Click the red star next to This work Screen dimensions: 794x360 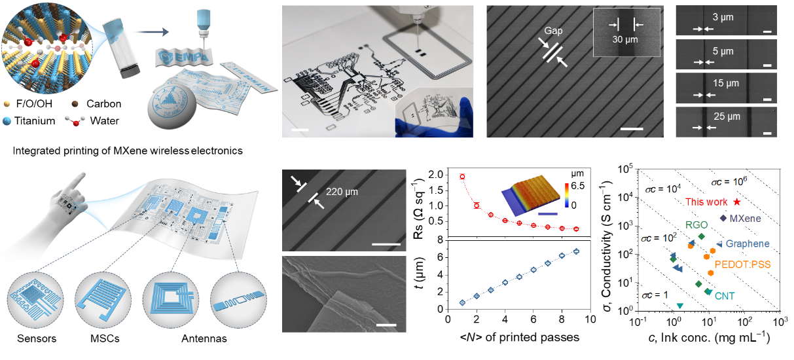(x=737, y=202)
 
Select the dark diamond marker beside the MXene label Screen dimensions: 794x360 (x=723, y=218)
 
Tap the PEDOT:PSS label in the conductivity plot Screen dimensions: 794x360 (x=742, y=264)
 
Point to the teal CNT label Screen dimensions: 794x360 (x=724, y=296)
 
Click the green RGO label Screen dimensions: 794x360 (x=696, y=225)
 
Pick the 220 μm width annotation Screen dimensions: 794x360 (x=342, y=192)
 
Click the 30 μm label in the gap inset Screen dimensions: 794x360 (x=625, y=39)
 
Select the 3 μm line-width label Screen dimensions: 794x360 (x=723, y=17)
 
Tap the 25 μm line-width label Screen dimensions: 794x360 (x=727, y=117)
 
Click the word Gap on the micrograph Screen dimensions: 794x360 (x=553, y=31)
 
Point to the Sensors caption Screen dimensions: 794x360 (x=37, y=338)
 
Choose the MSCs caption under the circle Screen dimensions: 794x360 (x=105, y=338)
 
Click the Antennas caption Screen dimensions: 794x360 (x=204, y=338)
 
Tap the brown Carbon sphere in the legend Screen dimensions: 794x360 (x=75, y=104)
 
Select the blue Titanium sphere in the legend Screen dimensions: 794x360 (x=7, y=121)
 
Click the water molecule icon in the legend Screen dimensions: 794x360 (x=75, y=121)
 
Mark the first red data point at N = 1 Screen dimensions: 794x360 (x=462, y=177)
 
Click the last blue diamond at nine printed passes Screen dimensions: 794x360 (x=577, y=251)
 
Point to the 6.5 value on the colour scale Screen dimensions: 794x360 (x=578, y=186)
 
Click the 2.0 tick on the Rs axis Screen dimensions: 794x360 (x=436, y=174)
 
